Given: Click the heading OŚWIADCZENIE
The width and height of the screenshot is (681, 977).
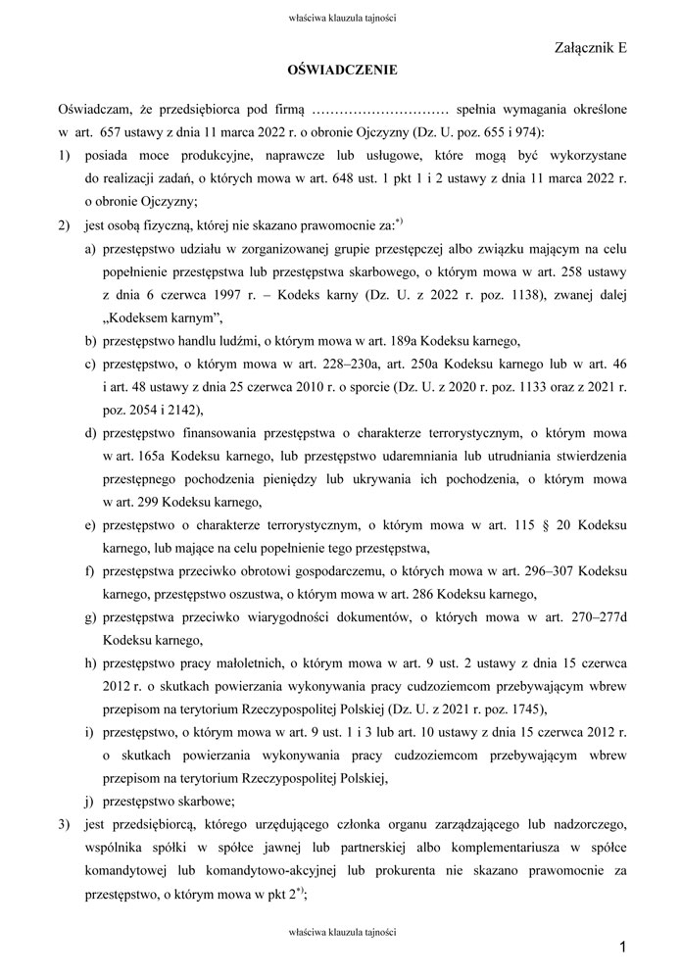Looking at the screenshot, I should coord(341,71).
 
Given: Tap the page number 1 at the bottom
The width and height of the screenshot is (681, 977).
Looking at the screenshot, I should coord(622,946).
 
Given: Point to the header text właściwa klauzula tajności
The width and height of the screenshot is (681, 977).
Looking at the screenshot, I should coord(341,17).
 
